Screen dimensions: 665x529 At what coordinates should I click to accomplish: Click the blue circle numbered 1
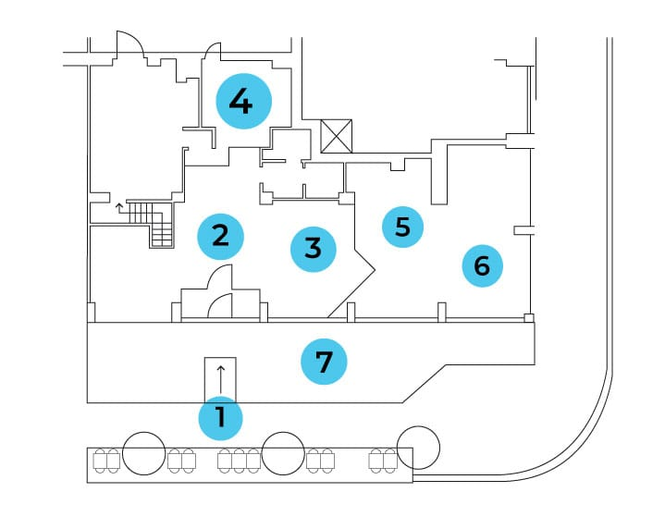220,418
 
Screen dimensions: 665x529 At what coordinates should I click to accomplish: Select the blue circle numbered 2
220,237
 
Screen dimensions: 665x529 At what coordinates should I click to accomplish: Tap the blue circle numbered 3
314,249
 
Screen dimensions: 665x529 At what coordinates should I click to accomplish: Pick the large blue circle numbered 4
244,102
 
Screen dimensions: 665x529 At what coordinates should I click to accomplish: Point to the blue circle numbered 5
403,227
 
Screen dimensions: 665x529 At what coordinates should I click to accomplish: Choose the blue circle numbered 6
483,266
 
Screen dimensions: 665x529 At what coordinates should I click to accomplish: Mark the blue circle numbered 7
324,362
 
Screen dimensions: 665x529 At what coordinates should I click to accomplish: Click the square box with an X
337,136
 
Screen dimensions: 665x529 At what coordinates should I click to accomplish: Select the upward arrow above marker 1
220,380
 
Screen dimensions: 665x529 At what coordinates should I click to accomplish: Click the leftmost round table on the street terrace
143,453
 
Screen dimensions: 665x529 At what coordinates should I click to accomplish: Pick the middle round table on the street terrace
283,453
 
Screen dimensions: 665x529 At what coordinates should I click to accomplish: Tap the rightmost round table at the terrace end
419,448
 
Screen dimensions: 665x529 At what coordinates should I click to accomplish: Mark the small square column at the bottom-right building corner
529,318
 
